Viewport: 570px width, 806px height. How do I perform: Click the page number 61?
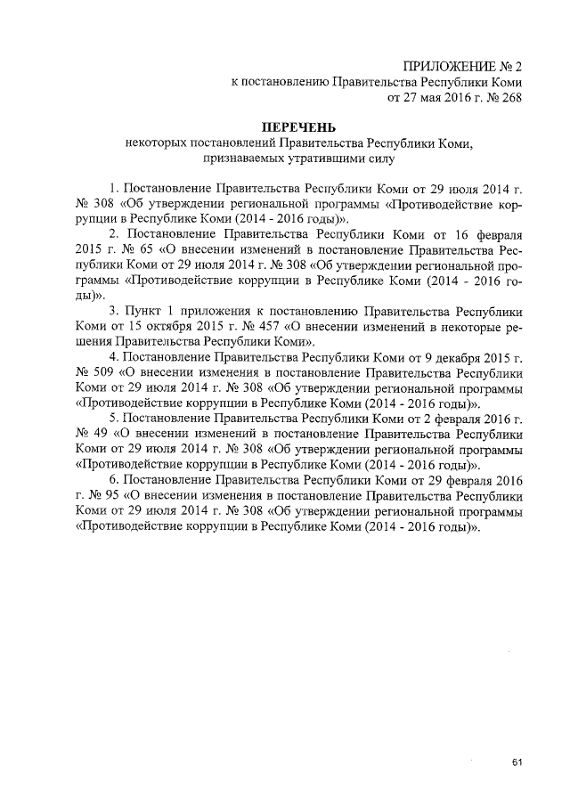point(517,762)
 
